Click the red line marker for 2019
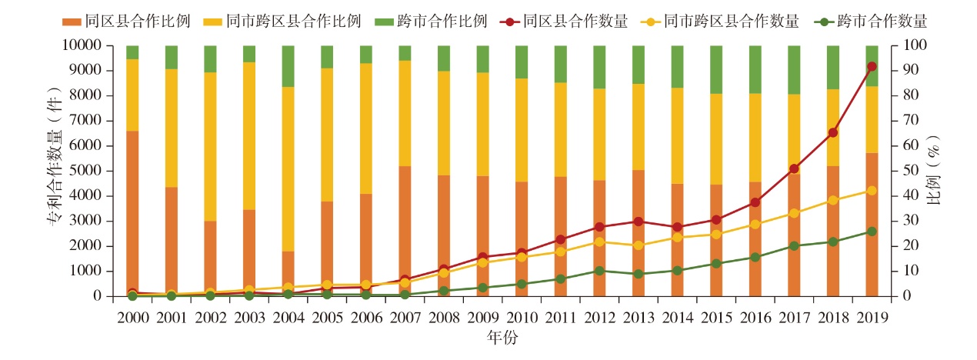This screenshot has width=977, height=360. pyautogui.click(x=872, y=66)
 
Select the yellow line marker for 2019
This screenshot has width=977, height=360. pyautogui.click(x=872, y=190)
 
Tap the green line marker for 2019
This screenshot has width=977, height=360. pyautogui.click(x=872, y=231)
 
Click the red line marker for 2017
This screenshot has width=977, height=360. pyautogui.click(x=794, y=168)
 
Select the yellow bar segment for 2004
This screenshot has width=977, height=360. pyautogui.click(x=288, y=169)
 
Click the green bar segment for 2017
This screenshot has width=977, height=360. pyautogui.click(x=794, y=70)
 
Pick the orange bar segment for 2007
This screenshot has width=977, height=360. pyautogui.click(x=405, y=231)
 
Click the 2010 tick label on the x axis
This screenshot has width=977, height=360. pyautogui.click(x=522, y=316)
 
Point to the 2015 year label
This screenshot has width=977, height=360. pyautogui.click(x=716, y=316)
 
